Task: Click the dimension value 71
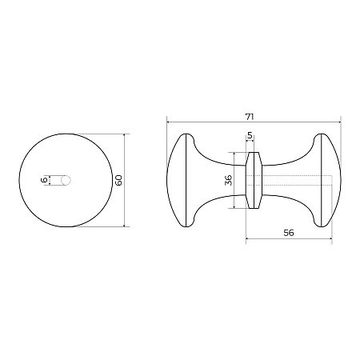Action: click(x=250, y=117)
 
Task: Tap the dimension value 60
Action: click(x=118, y=180)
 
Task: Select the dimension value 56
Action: click(x=289, y=233)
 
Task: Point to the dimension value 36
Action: click(x=228, y=180)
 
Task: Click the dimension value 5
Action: click(x=250, y=135)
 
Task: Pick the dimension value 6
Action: click(x=45, y=180)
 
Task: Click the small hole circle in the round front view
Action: click(x=66, y=180)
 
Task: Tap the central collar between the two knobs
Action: click(x=254, y=180)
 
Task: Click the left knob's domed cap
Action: click(x=176, y=180)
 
